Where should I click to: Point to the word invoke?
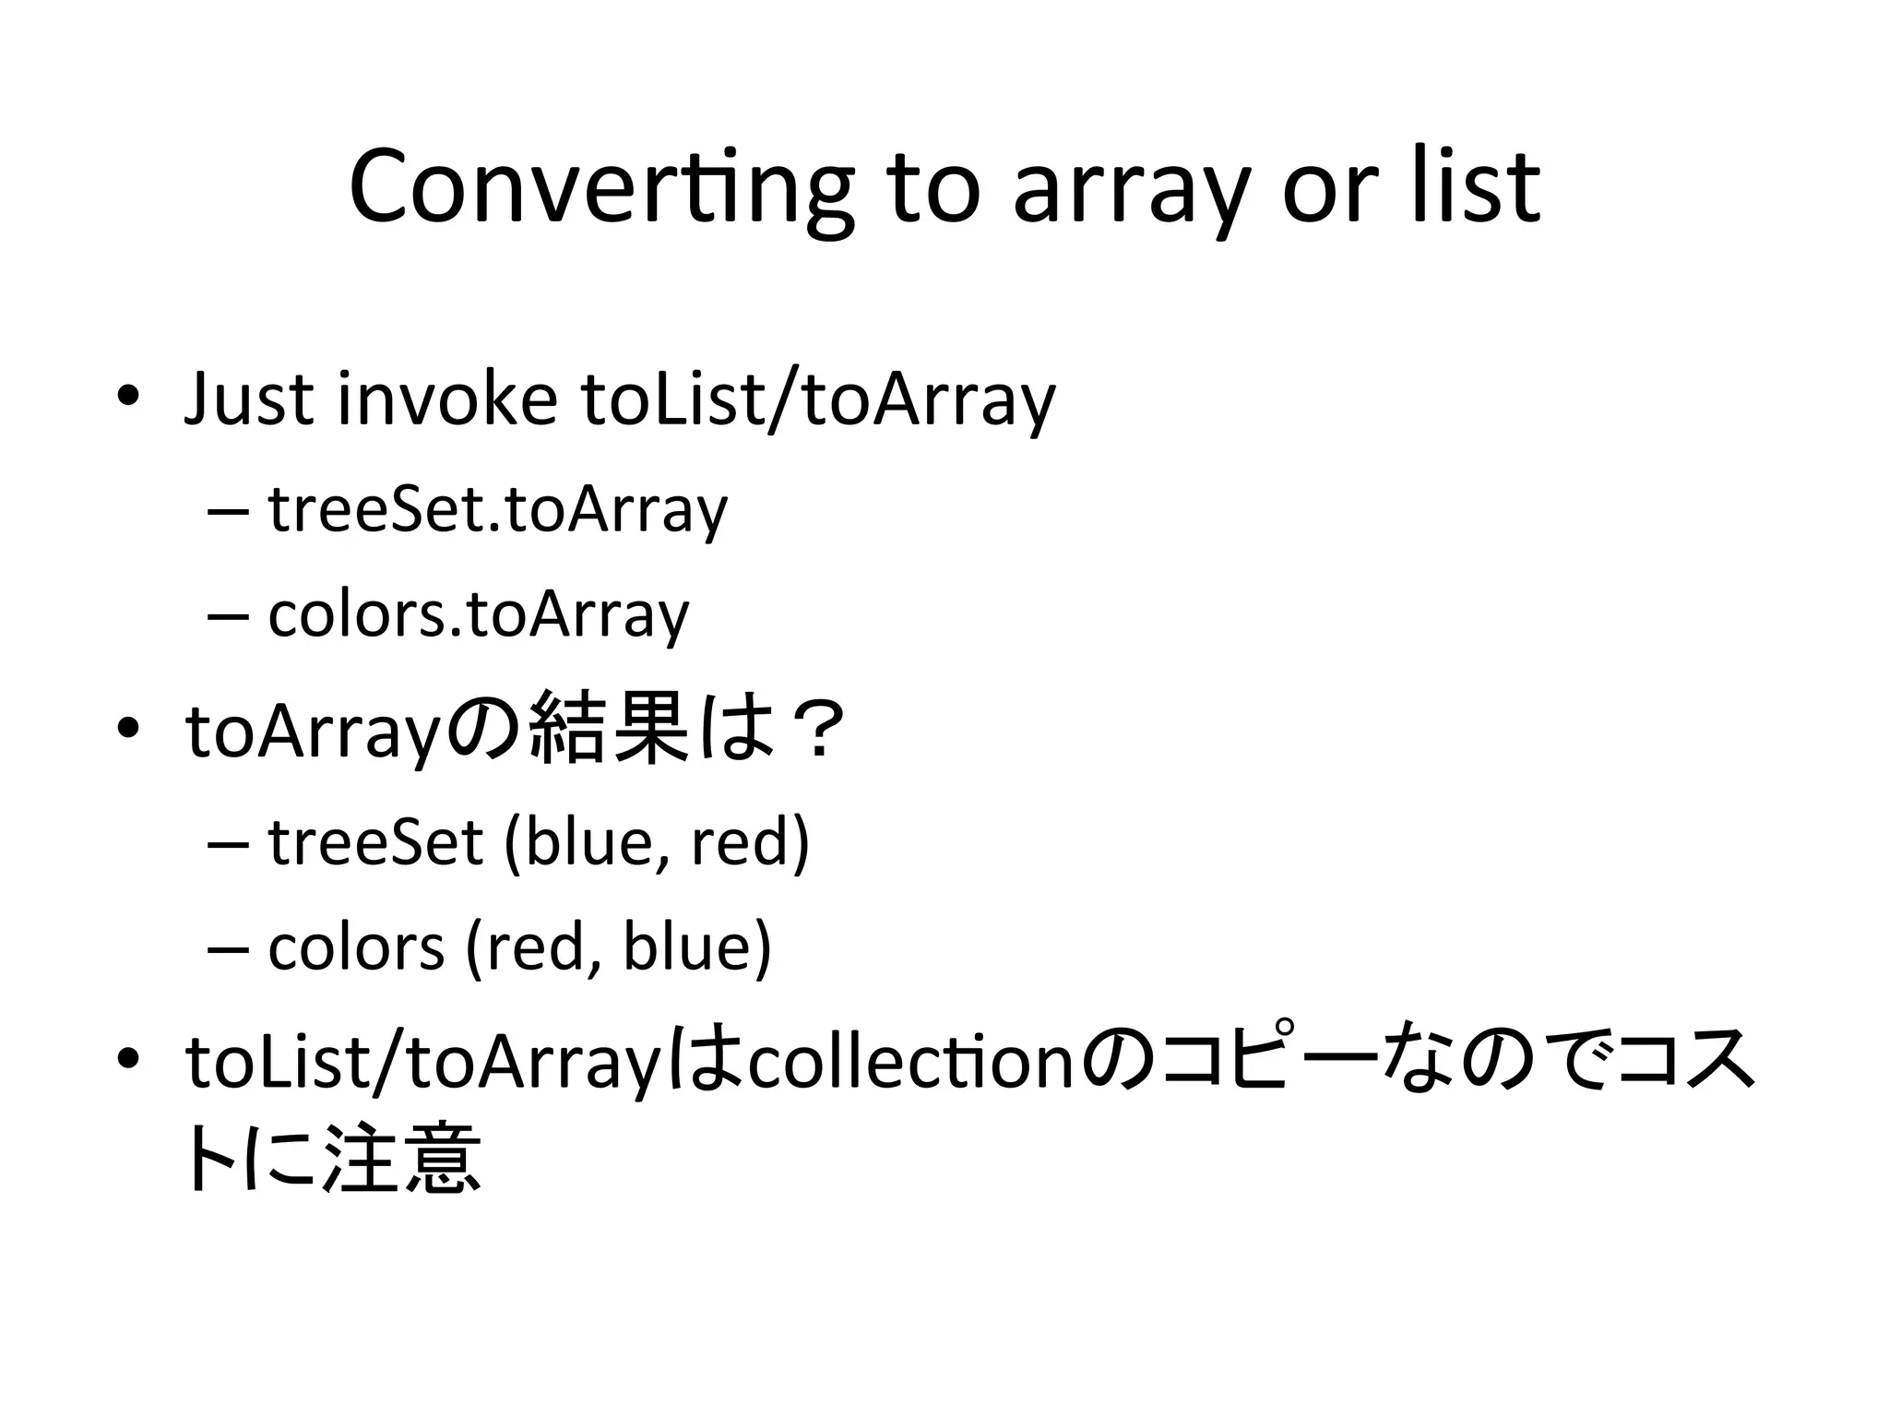[x=447, y=399]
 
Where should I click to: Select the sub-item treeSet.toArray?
[x=497, y=510]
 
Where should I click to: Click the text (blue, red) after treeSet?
[x=657, y=842]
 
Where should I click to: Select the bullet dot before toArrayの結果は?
[x=127, y=729]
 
